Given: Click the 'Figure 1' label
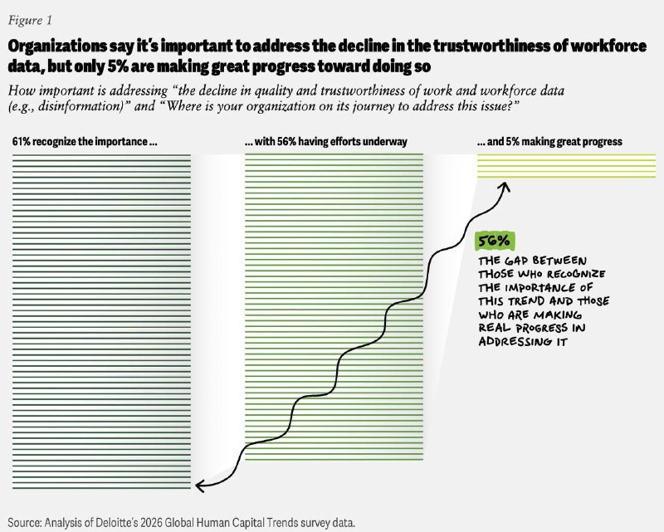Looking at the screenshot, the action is coord(30,20).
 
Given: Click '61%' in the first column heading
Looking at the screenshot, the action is coord(22,141).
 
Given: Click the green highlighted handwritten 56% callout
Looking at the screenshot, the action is coord(495,241).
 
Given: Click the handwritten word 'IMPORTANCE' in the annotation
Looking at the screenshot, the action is coord(540,288).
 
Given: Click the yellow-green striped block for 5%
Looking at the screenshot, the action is coord(567,166).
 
